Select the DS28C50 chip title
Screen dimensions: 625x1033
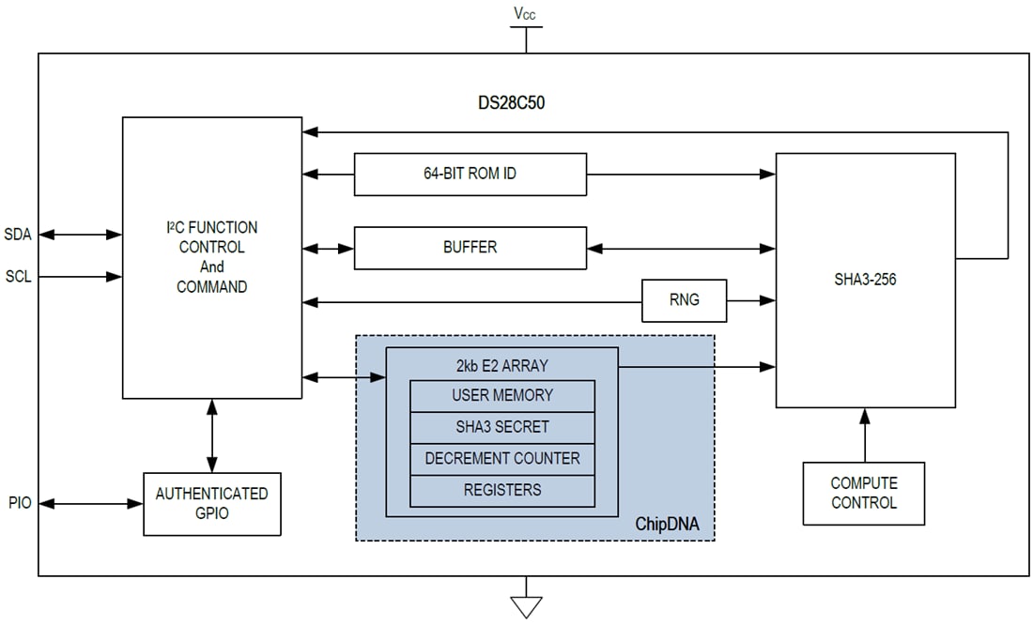coord(511,103)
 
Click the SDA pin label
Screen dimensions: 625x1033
coord(18,235)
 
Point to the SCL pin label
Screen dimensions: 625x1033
coord(18,277)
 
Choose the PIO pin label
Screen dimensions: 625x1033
coord(18,504)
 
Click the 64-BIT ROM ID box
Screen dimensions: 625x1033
coord(470,175)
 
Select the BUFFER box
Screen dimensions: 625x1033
coord(470,248)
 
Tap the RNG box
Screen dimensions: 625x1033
coord(684,300)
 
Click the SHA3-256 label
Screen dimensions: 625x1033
coord(864,279)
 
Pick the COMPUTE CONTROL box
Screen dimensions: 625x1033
coord(864,493)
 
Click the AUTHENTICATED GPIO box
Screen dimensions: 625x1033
coord(211,504)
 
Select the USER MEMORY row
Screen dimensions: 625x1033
coord(502,395)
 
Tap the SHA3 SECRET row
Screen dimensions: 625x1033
coord(502,427)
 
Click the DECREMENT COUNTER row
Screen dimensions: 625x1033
coord(502,459)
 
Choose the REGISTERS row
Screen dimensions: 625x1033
coord(502,490)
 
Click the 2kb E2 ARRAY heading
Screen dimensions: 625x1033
coord(501,365)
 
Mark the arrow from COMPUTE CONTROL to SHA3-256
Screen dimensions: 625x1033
coord(864,434)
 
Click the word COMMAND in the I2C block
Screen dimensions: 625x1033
coord(211,287)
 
